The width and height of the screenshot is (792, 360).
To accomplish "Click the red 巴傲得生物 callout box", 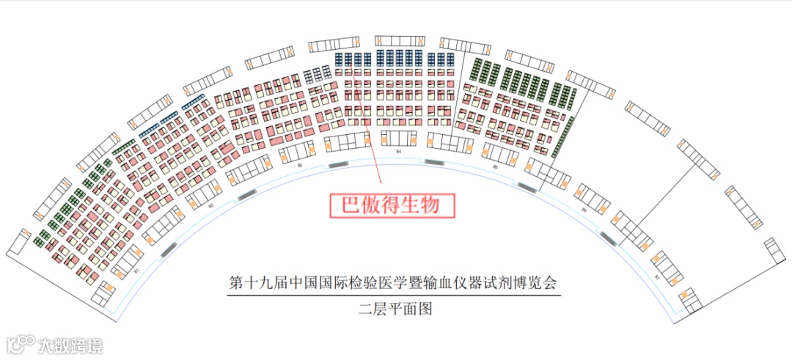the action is (x=391, y=205).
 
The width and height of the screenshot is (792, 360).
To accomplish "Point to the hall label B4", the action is (x=398, y=151).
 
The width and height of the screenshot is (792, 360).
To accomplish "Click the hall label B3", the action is (x=301, y=166).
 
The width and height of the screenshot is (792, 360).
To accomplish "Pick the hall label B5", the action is (x=496, y=167).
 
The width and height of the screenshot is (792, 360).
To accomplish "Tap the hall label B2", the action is (x=210, y=206).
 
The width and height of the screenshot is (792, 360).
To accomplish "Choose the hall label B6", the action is (x=584, y=210).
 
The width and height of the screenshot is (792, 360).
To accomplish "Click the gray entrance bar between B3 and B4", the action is (x=338, y=165).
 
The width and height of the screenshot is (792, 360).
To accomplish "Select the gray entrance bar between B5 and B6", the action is (x=527, y=187).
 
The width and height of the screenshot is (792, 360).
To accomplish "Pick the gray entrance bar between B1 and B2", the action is (x=167, y=248).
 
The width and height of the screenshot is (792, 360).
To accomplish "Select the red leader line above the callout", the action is (x=367, y=125).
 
